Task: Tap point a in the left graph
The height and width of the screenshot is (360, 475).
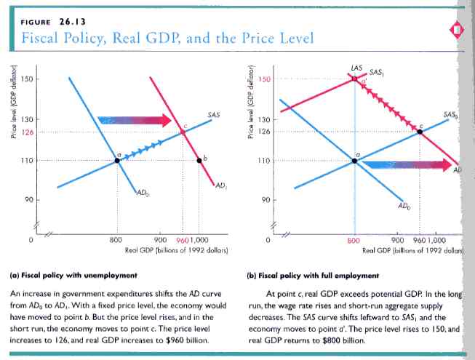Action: pyautogui.click(x=117, y=159)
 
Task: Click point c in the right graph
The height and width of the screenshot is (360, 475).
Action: pyautogui.click(x=420, y=132)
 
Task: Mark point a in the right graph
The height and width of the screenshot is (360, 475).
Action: pyautogui.click(x=354, y=160)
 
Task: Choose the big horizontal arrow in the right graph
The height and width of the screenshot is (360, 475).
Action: pyautogui.click(x=399, y=165)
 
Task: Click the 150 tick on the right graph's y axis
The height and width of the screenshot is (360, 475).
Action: pyautogui.click(x=265, y=79)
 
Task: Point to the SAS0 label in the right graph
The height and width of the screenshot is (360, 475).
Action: pyautogui.click(x=451, y=115)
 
